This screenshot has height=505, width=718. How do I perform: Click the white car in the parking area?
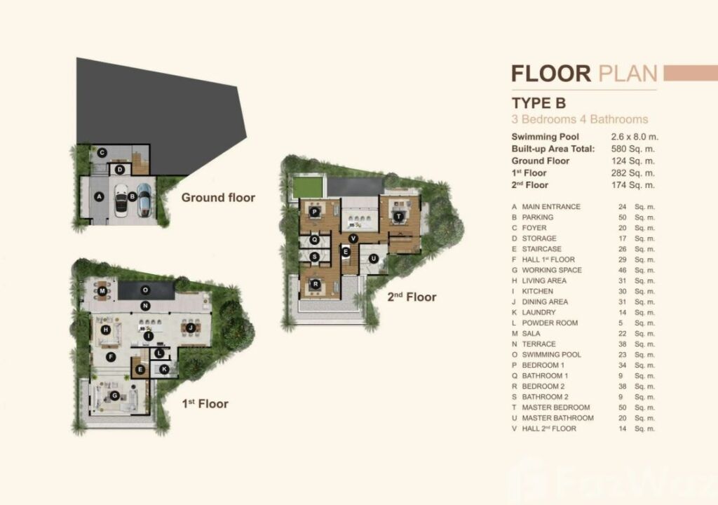point(121,201)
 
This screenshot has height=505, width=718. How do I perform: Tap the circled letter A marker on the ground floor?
point(99,196)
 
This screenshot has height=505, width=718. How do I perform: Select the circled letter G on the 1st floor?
point(114,396)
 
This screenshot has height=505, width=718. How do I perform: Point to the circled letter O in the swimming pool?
point(145,290)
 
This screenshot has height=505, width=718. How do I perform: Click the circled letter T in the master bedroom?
point(399,216)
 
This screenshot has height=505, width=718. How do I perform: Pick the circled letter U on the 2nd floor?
point(373,258)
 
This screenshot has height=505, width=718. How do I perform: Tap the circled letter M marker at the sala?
point(102,291)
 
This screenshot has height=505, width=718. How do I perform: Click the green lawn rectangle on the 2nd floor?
point(307,187)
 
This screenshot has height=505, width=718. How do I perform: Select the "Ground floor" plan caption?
point(218,198)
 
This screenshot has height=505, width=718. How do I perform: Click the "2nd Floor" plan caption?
point(412,297)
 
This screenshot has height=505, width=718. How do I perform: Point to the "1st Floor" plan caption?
point(205,404)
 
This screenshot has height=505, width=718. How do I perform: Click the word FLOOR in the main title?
point(551,74)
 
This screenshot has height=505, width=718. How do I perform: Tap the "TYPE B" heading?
point(538,103)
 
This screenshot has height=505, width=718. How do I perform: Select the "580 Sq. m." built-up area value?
point(633,149)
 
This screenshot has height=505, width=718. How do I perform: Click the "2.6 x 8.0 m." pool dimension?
point(635,137)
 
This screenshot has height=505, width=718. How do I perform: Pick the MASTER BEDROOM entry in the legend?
point(556,408)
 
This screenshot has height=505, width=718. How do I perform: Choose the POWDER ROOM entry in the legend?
point(550,323)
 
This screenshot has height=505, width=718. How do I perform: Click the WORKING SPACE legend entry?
point(552,270)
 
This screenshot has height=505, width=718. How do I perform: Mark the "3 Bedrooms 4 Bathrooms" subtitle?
point(580,119)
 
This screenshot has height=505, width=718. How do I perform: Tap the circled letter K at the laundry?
point(164,369)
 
